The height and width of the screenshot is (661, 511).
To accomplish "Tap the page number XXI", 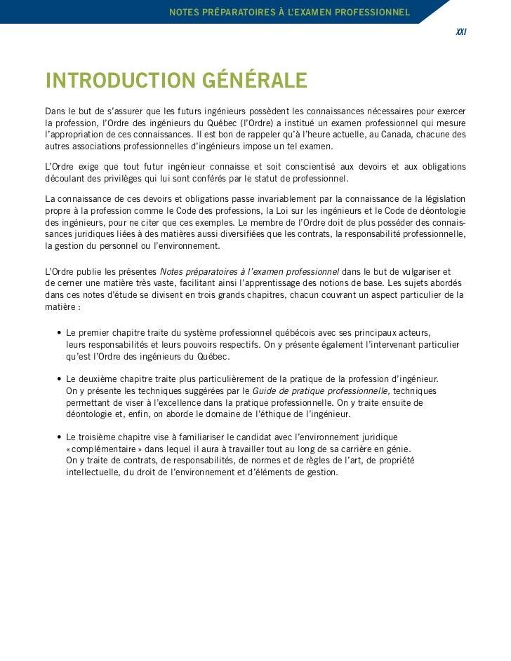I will [461, 32].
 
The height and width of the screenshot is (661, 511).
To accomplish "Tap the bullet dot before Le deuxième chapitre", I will [58, 379].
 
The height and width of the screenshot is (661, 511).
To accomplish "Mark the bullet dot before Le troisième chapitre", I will [58, 437].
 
